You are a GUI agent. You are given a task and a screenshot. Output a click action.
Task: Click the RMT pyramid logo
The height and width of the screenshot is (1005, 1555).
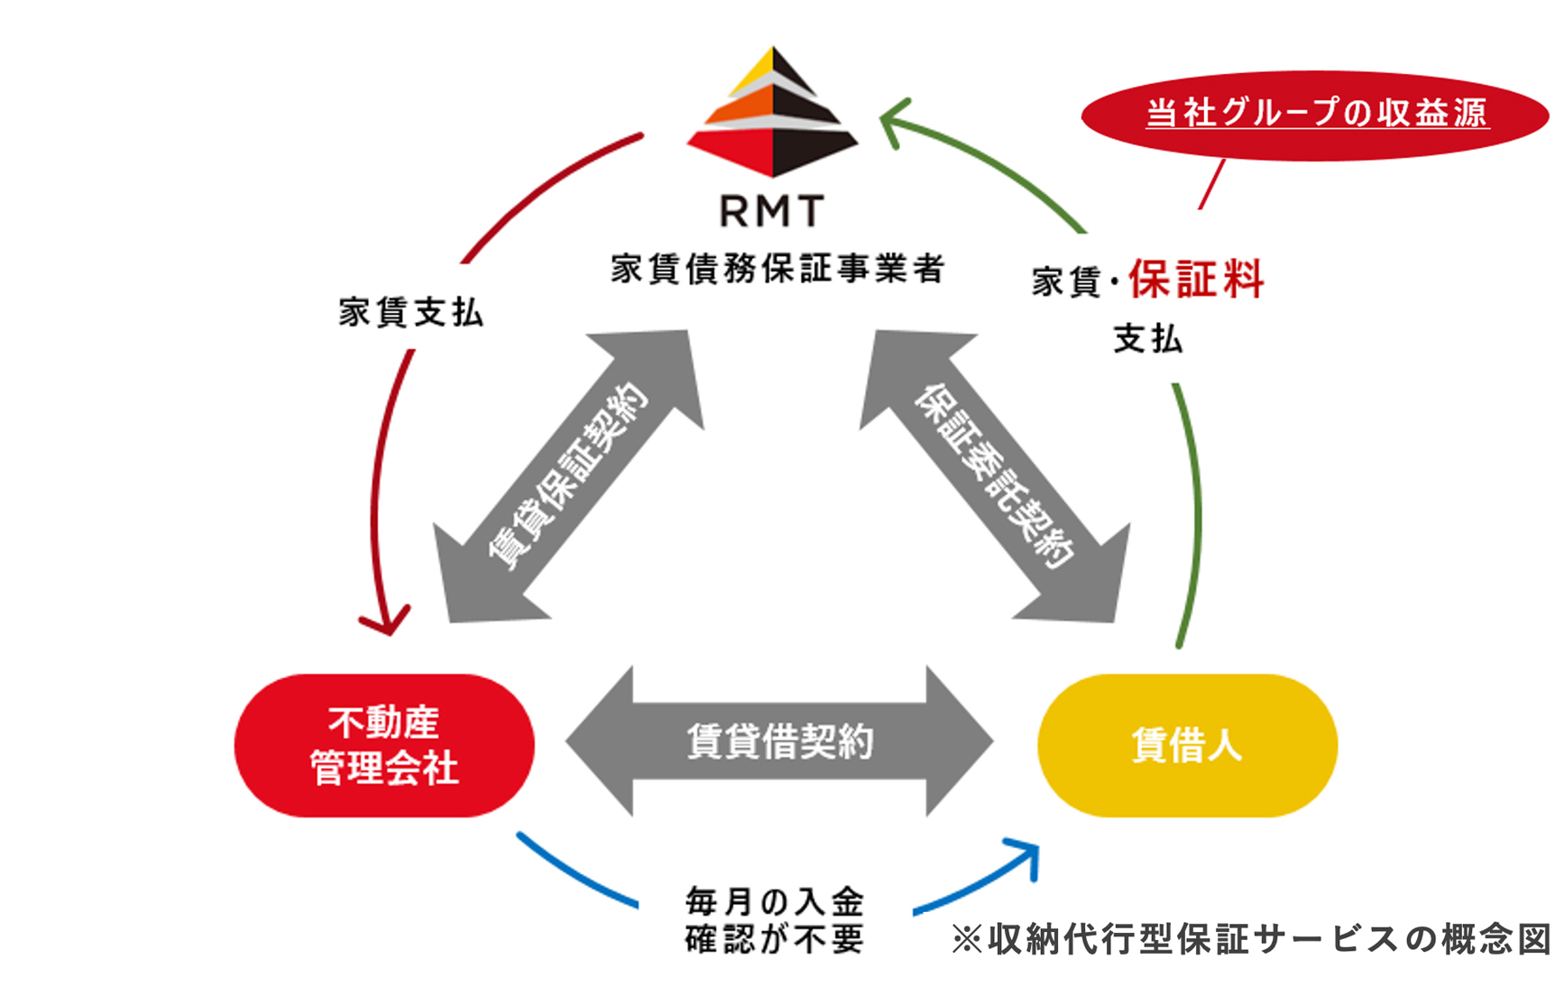coord(772,113)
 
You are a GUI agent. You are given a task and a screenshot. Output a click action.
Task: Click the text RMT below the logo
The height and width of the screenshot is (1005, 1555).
coord(772,212)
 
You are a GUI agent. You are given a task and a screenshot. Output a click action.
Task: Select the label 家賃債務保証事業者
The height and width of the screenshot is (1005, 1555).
coord(777,269)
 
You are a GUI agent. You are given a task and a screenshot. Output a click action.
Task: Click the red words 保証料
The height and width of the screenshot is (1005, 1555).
coord(1196,279)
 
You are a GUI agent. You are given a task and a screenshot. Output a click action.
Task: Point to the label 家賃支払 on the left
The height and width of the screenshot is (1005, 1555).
coord(411,312)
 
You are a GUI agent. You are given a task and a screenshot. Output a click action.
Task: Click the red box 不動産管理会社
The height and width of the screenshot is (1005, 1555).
coord(384,745)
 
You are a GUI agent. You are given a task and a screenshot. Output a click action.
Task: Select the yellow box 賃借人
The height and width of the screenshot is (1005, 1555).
coord(1187,745)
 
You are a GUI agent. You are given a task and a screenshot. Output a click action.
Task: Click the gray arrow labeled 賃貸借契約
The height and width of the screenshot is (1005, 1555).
coord(779,742)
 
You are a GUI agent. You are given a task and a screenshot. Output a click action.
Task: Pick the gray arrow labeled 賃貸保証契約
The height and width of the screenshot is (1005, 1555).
coord(568,476)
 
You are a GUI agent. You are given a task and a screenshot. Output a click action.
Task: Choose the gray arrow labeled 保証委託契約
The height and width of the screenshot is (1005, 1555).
coord(994,476)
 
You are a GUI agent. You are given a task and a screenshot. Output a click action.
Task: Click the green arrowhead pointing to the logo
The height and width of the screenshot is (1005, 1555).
coord(893,122)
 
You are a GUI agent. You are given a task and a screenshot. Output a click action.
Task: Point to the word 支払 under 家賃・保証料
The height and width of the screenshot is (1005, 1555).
coord(1147,339)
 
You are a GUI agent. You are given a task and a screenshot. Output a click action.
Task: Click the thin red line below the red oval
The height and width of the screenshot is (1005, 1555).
coord(1211,184)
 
